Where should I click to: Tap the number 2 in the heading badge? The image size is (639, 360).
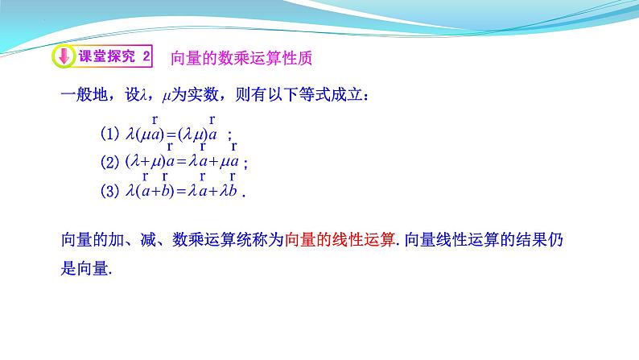(x=146, y=57)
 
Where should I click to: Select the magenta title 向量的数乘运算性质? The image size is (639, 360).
(x=241, y=58)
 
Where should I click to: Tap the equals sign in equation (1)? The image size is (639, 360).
(x=171, y=134)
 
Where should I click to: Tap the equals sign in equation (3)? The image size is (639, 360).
(x=181, y=192)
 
